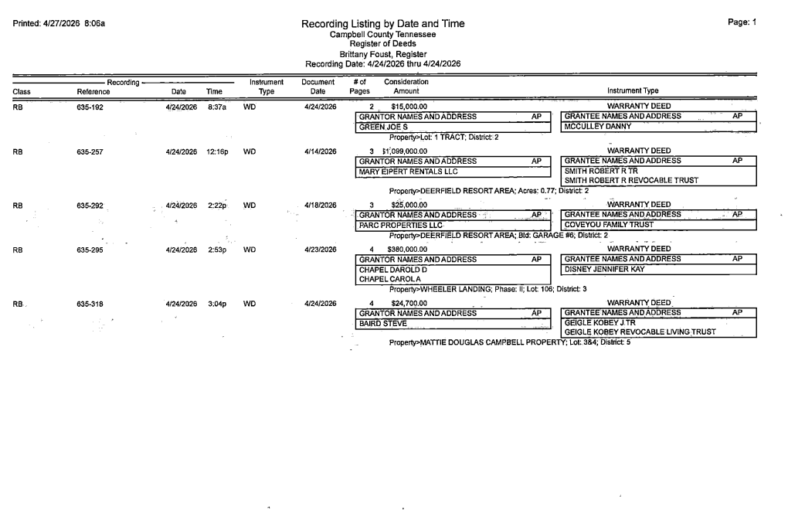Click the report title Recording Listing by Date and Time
click(x=383, y=24)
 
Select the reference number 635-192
click(x=90, y=107)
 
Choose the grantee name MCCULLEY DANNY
click(x=598, y=127)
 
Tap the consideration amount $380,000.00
click(x=409, y=250)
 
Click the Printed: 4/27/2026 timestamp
click(x=59, y=23)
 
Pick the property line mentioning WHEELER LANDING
click(x=488, y=289)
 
